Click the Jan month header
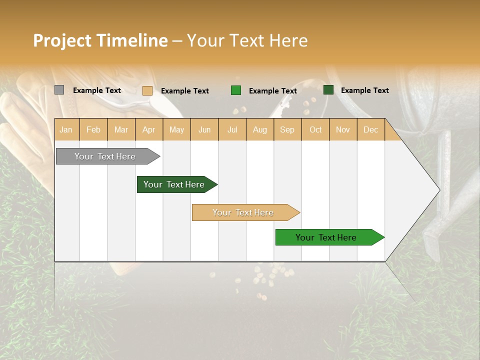point(66,129)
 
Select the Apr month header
point(148,129)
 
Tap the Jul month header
point(232,129)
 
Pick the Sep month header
point(287,129)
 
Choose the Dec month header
point(370,129)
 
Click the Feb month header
point(93,129)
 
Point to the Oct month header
point(315,129)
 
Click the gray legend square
point(59,90)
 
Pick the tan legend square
point(147,90)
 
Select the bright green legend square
point(235,90)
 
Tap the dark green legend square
point(328,90)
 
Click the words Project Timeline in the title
point(100,40)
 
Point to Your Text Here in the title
point(247,40)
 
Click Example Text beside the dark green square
point(364,90)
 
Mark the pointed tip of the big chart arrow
point(439,190)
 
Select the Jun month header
point(204,129)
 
